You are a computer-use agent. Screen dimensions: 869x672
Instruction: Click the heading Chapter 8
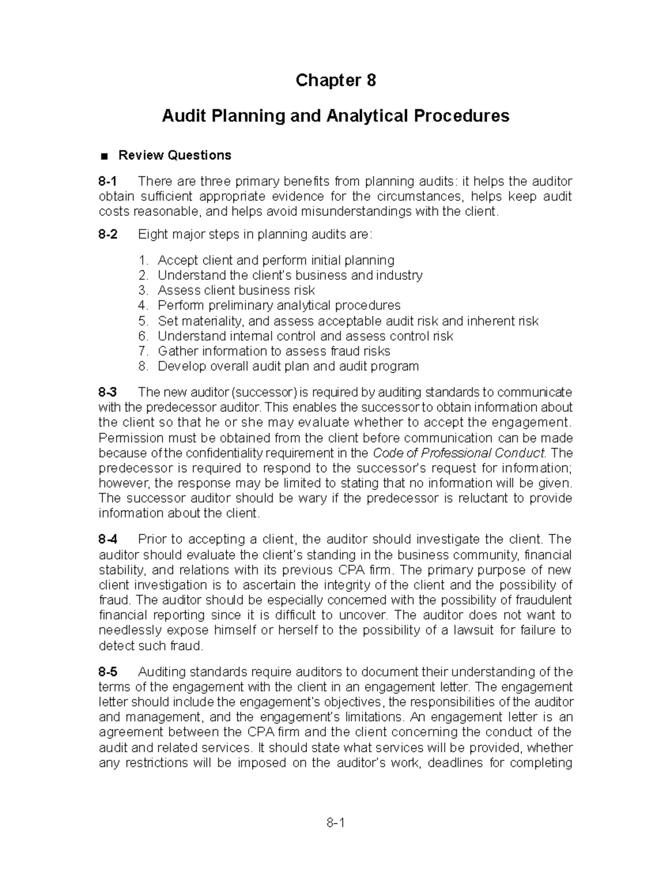click(335, 81)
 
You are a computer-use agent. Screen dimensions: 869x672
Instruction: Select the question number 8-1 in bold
click(108, 181)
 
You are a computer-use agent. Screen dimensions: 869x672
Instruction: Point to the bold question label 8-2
click(108, 234)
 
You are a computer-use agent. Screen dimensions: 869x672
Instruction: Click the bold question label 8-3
click(108, 392)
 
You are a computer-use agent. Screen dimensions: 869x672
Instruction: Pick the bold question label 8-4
click(108, 539)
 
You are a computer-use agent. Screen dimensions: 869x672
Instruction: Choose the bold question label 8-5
click(108, 671)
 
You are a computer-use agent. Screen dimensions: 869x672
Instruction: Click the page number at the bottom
click(335, 823)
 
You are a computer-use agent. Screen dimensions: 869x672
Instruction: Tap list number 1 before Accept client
click(144, 260)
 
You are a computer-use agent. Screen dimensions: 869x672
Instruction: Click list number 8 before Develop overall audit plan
click(144, 367)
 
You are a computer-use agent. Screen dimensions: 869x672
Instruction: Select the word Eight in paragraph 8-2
click(152, 234)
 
